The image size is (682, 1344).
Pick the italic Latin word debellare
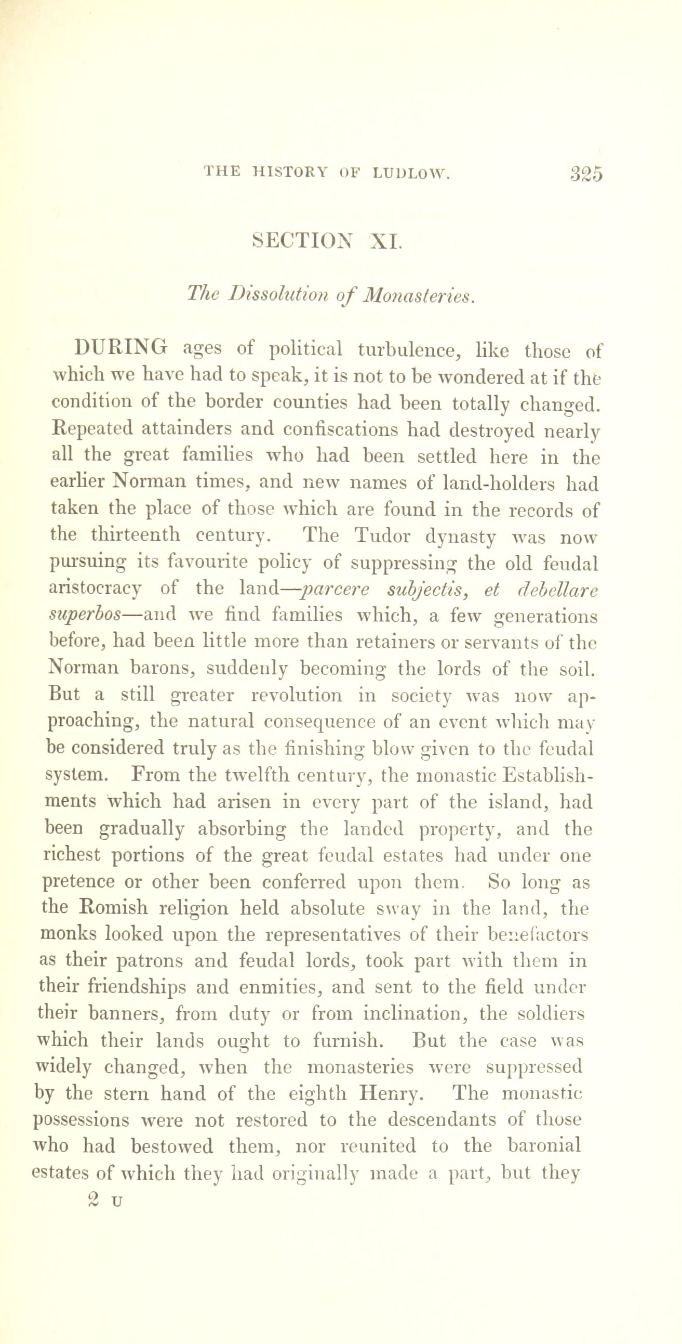pyautogui.click(x=557, y=589)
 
